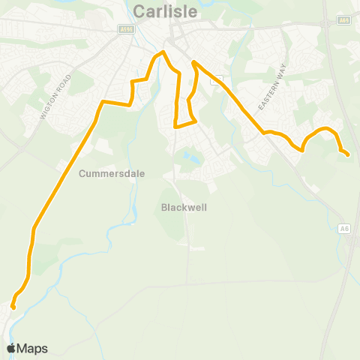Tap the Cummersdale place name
[111, 173]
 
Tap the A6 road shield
[344, 229]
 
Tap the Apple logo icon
[11, 348]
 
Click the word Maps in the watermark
[32, 348]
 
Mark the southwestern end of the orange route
[13, 306]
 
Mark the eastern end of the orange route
[347, 154]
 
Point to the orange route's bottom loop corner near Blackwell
[175, 126]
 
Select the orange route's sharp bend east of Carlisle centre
[194, 62]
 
